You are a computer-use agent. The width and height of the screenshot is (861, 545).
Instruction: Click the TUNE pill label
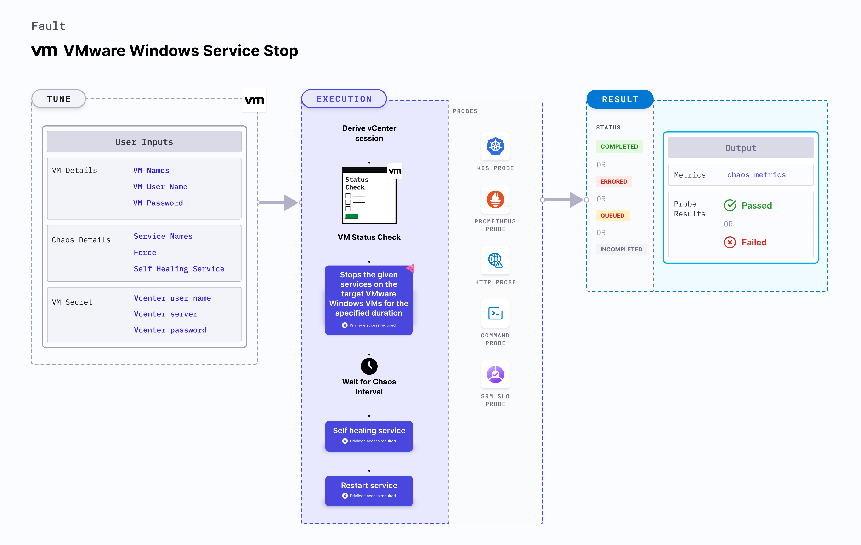(59, 99)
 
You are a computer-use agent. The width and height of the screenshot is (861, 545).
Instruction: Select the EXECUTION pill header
(344, 99)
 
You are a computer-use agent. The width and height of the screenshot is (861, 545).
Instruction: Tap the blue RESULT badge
(620, 99)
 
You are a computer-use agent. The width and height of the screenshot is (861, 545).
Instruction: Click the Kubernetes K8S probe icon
(495, 146)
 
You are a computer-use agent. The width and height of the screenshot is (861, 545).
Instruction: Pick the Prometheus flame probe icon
(495, 199)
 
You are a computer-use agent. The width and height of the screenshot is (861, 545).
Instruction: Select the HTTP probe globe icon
(495, 260)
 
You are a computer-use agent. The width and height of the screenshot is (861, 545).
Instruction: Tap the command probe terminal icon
(495, 313)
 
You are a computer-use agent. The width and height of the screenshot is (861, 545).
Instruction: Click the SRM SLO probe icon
(495, 374)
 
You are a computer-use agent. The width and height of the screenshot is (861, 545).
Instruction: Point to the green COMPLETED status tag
(619, 146)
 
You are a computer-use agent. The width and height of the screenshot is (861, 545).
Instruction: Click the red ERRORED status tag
(614, 181)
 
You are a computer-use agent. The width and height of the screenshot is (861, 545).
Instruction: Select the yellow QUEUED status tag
(612, 215)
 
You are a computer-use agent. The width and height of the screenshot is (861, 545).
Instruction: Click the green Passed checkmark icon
(730, 205)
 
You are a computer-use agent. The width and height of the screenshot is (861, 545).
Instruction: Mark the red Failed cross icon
(730, 242)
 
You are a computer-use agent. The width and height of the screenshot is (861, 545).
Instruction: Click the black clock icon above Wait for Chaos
(369, 366)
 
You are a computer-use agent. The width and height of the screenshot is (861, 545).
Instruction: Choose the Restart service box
(369, 490)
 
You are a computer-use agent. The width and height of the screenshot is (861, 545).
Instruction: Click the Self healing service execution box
(369, 435)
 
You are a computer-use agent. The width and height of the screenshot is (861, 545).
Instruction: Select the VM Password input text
(158, 203)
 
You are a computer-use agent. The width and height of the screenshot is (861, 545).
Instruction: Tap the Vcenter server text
(165, 314)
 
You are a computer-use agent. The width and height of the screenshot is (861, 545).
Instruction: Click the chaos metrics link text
(756, 175)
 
